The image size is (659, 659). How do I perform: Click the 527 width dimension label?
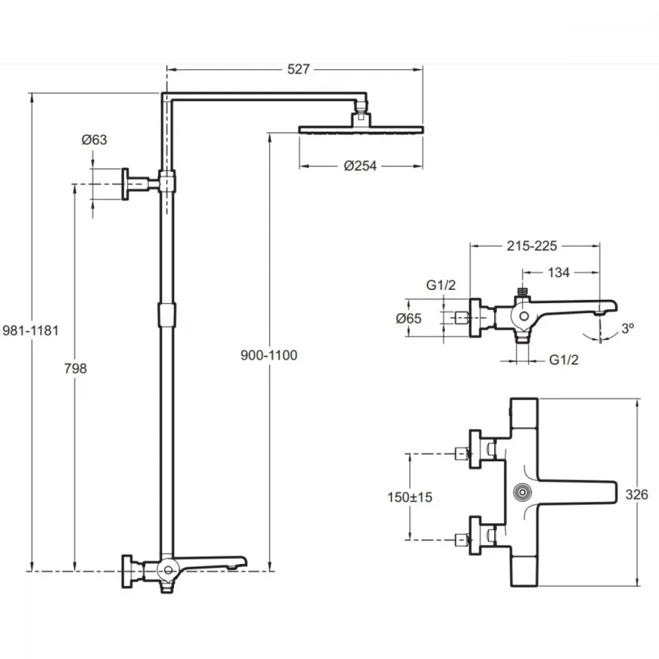[299, 69]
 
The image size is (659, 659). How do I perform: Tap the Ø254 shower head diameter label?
[360, 166]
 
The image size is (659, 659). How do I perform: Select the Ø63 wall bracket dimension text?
[94, 140]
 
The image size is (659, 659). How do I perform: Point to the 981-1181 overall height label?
[30, 331]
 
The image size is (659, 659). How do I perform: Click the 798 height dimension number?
[76, 368]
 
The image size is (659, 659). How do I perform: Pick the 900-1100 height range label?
[269, 356]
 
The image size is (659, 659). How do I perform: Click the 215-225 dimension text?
[532, 246]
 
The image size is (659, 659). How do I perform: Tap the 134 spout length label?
[559, 273]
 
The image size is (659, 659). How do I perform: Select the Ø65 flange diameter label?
[409, 318]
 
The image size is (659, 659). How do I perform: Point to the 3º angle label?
[627, 328]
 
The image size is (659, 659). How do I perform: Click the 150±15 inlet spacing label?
[410, 497]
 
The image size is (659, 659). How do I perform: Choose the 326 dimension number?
[637, 495]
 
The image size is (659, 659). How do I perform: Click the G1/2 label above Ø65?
[441, 285]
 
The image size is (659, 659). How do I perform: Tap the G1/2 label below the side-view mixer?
[564, 360]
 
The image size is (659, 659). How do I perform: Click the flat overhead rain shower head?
[361, 129]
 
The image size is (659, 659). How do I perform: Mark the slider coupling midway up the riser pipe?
[167, 315]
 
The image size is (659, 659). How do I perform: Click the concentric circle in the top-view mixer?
[523, 492]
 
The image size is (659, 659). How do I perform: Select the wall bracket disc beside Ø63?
[125, 184]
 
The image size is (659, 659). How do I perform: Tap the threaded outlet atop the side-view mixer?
[523, 291]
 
